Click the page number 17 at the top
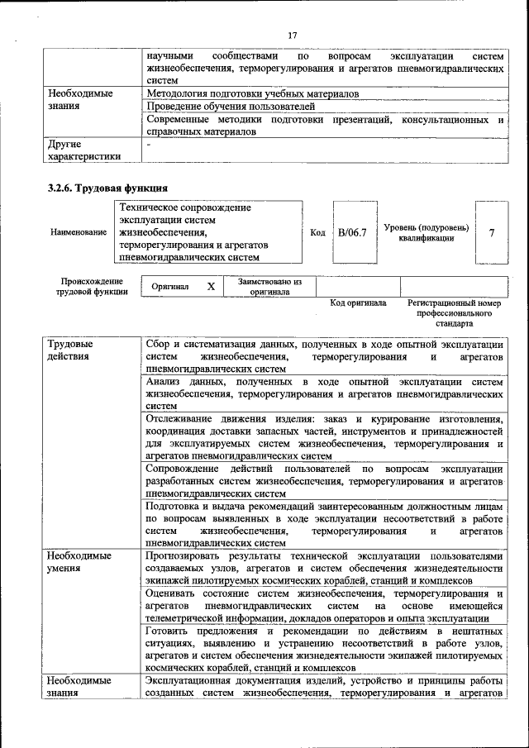(292, 35)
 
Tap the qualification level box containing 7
(492, 233)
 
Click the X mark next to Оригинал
(211, 286)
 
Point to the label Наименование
(79, 233)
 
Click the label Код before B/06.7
(317, 233)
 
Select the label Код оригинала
(358, 303)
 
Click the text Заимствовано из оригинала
(270, 286)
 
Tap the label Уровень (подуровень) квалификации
(427, 232)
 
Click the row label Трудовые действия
(70, 350)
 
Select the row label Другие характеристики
(84, 150)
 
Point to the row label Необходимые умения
(79, 562)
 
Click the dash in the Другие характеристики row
(148, 144)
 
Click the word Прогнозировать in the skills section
(186, 556)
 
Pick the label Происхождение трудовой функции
(92, 286)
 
